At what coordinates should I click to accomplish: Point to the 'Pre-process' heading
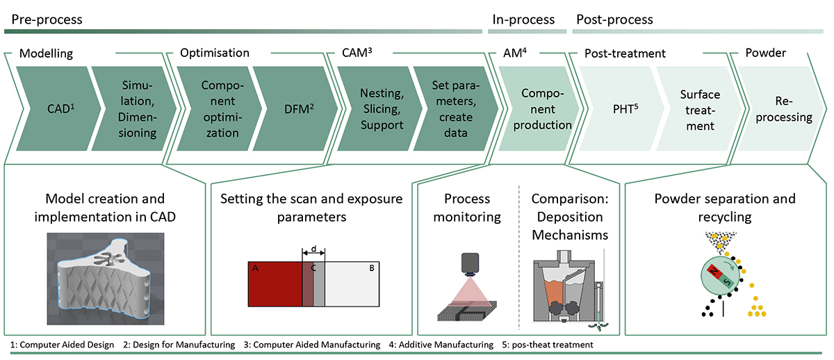point(43,19)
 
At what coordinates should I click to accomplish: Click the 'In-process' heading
point(523,19)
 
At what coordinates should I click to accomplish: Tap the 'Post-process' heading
point(612,19)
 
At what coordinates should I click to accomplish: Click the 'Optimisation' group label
point(214,53)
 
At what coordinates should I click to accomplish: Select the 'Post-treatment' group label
point(624,53)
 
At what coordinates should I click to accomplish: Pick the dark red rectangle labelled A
point(275,284)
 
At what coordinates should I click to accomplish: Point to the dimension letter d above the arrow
point(313,248)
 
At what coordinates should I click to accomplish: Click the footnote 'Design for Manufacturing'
point(181,345)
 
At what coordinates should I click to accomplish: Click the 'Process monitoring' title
point(467,208)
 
